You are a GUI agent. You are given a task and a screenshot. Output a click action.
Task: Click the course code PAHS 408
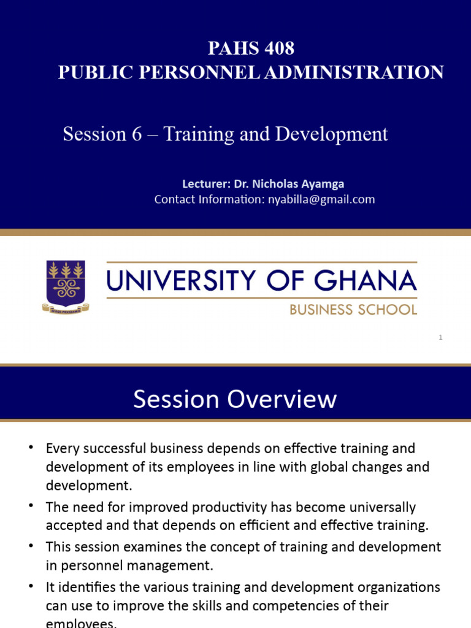(x=251, y=48)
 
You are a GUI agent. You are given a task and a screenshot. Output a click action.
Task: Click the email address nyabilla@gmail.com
(x=321, y=199)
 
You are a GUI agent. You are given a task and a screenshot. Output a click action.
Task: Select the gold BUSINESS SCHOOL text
(x=353, y=310)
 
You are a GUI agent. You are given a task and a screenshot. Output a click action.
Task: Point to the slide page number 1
(x=440, y=337)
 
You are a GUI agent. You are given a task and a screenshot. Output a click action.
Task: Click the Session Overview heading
(x=235, y=399)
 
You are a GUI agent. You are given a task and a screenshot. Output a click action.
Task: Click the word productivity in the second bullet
(x=229, y=508)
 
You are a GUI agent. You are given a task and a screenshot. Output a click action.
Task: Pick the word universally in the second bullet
(x=379, y=508)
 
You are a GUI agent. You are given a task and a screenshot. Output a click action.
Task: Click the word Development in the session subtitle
(x=331, y=134)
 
